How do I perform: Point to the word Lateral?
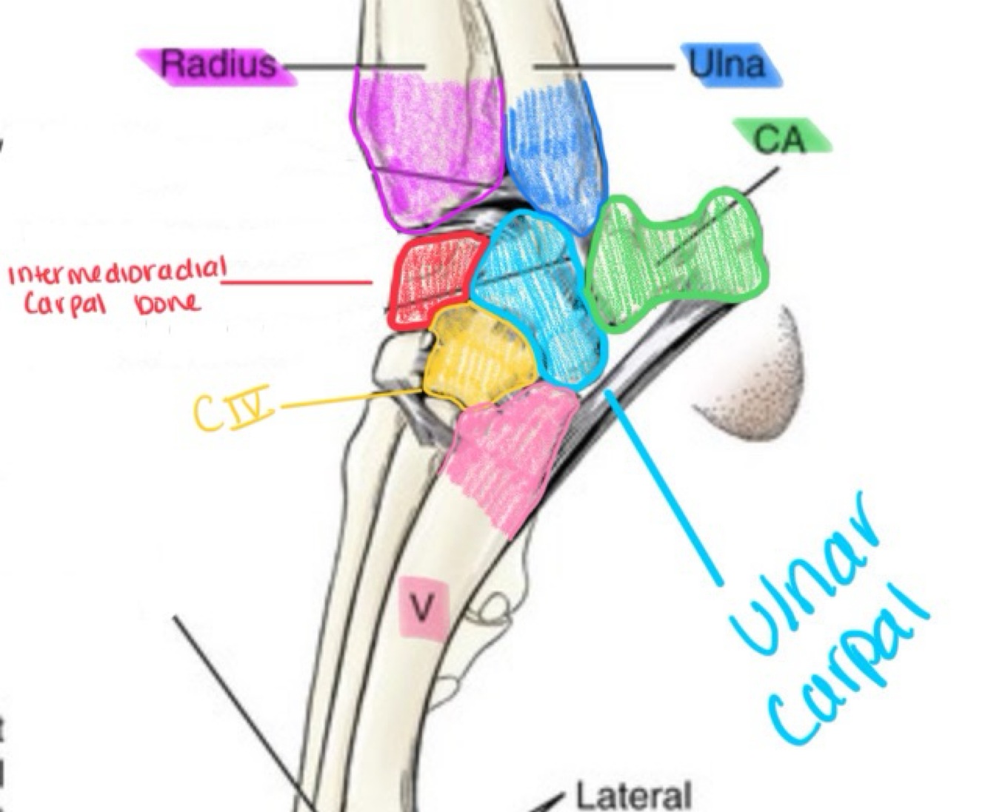[x=633, y=796]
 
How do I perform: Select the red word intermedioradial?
[x=115, y=275]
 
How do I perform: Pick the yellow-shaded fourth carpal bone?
[x=480, y=356]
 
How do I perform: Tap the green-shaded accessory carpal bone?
[x=670, y=259]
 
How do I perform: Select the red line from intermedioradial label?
[x=296, y=282]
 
